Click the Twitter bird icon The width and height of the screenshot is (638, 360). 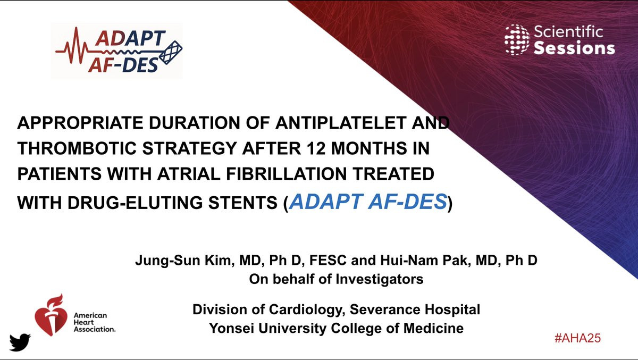click(20, 342)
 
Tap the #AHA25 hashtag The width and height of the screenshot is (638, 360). click(577, 338)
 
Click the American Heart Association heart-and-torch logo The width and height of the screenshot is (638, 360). click(51, 315)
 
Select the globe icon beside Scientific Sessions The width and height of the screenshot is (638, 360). click(517, 39)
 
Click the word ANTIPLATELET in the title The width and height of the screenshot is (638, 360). click(340, 123)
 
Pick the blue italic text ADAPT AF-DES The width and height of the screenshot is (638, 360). click(368, 202)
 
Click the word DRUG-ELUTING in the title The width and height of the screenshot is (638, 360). click(135, 203)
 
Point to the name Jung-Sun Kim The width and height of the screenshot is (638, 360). click(183, 261)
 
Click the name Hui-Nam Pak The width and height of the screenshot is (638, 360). click(425, 261)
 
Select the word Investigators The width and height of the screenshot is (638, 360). click(380, 279)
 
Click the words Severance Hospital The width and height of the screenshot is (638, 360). click(415, 309)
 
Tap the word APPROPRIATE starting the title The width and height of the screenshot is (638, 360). click(80, 123)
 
